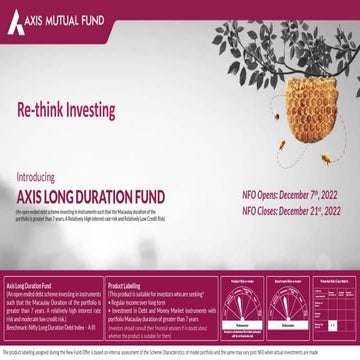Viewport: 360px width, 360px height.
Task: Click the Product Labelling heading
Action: coord(129,269)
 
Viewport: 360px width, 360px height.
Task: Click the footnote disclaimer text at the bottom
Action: coord(180,353)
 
